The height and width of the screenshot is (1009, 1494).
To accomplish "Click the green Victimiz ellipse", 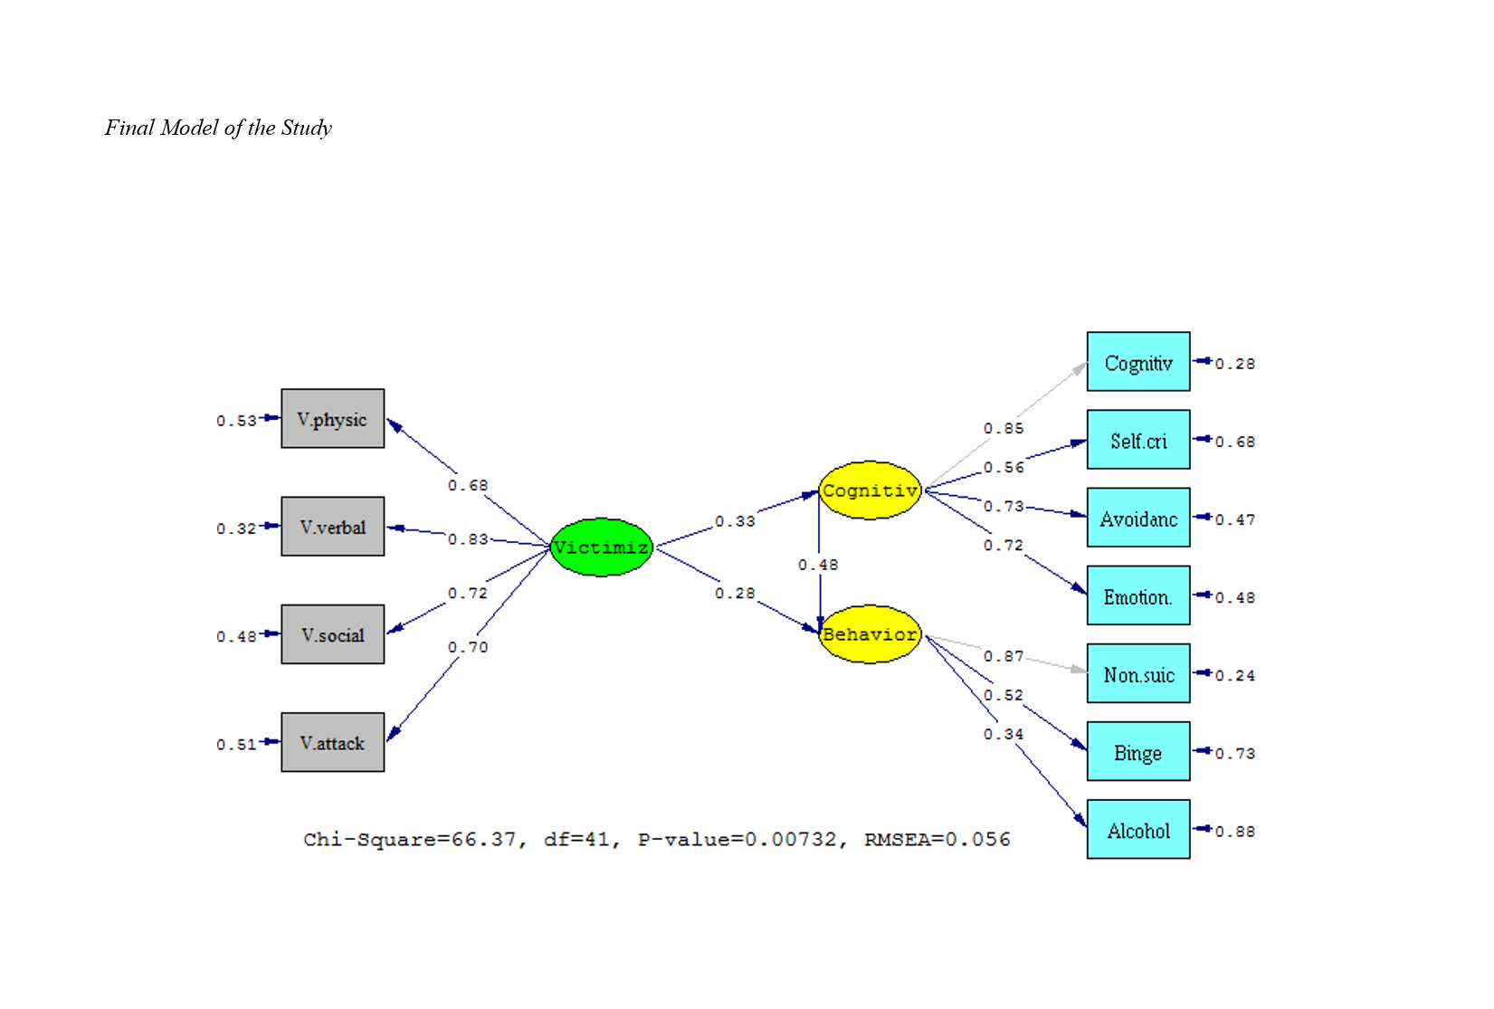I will pyautogui.click(x=601, y=547).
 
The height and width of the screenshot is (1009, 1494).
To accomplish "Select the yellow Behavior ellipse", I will pyautogui.click(x=870, y=634).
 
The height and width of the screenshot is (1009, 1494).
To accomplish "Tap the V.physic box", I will pyautogui.click(x=332, y=419).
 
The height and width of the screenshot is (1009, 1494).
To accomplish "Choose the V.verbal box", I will pyautogui.click(x=332, y=527).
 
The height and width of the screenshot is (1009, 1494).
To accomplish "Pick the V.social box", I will pyautogui.click(x=332, y=634).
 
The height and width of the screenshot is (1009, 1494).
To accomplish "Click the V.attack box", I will pyautogui.click(x=332, y=742).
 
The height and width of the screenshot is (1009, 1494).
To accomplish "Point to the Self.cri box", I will pyautogui.click(x=1137, y=440).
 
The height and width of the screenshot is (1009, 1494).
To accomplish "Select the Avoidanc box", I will pyautogui.click(x=1137, y=518).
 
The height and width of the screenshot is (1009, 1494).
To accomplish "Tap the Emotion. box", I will pyautogui.click(x=1137, y=595).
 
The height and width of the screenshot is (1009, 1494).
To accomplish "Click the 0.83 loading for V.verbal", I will pyautogui.click(x=468, y=539).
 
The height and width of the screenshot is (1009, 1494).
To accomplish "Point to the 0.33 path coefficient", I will pyautogui.click(x=735, y=521).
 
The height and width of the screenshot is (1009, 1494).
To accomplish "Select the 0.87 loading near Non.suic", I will pyautogui.click(x=1004, y=656).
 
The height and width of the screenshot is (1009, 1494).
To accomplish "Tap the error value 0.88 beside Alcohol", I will pyautogui.click(x=1235, y=832).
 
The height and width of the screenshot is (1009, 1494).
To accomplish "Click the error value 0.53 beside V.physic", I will pyautogui.click(x=236, y=421).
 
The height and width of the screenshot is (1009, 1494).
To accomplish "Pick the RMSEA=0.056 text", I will pyautogui.click(x=937, y=840).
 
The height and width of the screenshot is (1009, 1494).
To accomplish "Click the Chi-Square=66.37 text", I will pyautogui.click(x=410, y=840).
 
